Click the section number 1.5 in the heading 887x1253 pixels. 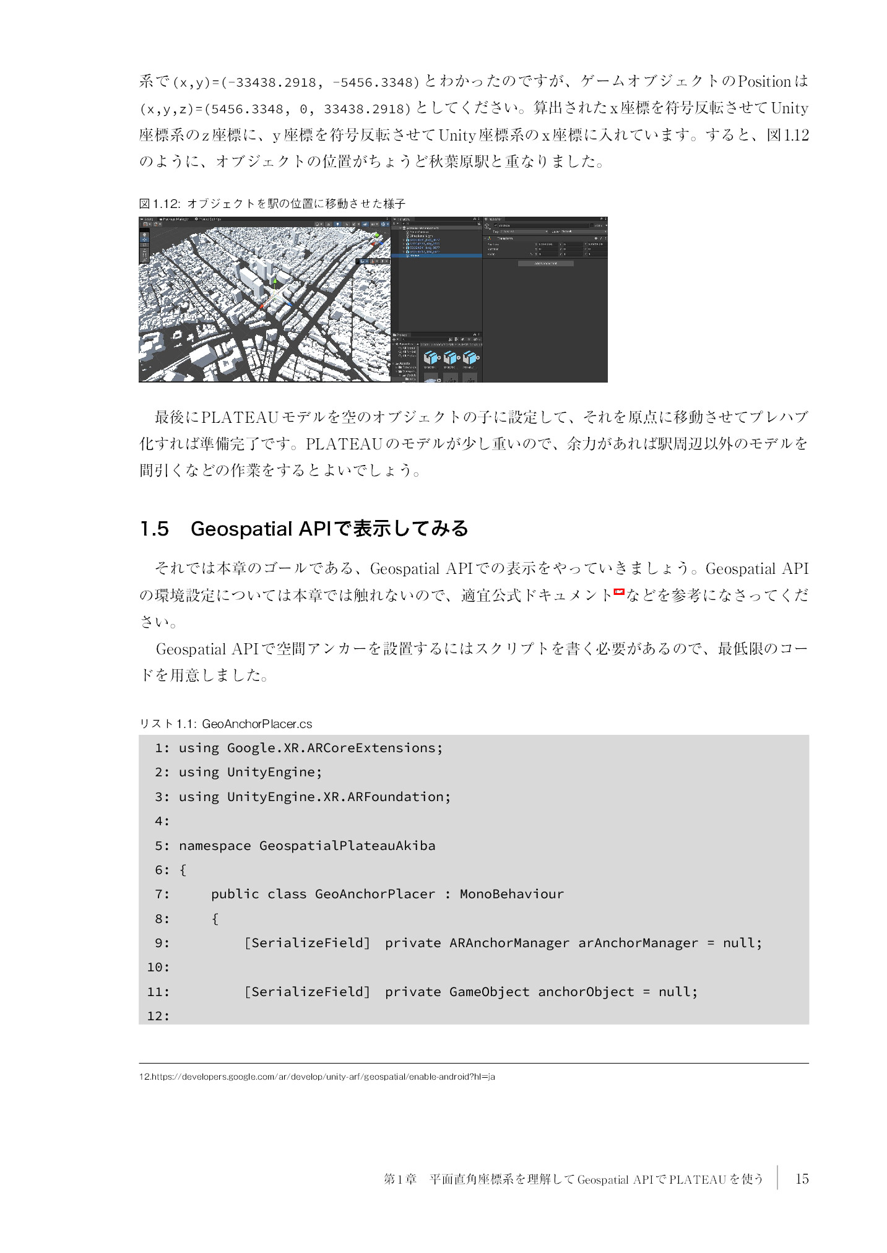pyautogui.click(x=154, y=529)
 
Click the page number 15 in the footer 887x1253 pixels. pyautogui.click(x=802, y=1179)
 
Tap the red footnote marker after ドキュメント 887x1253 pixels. pyautogui.click(x=618, y=592)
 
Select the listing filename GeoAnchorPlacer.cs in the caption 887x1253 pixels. pyautogui.click(x=257, y=724)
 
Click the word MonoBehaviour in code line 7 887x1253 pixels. pyautogui.click(x=511, y=894)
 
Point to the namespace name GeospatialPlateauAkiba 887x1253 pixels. pyautogui.click(x=347, y=846)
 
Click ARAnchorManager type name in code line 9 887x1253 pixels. pyautogui.click(x=509, y=943)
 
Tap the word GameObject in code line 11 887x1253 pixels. pyautogui.click(x=489, y=992)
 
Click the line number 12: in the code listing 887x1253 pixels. pyautogui.click(x=158, y=1016)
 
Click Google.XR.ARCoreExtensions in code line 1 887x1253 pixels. pyautogui.click(x=334, y=748)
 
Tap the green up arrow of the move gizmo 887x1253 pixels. pyautogui.click(x=275, y=282)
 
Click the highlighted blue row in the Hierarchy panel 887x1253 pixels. pyautogui.click(x=436, y=255)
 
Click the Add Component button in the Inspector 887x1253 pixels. pyautogui.click(x=545, y=263)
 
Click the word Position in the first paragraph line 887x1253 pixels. pyautogui.click(x=764, y=82)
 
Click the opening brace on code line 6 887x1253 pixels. pyautogui.click(x=183, y=870)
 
